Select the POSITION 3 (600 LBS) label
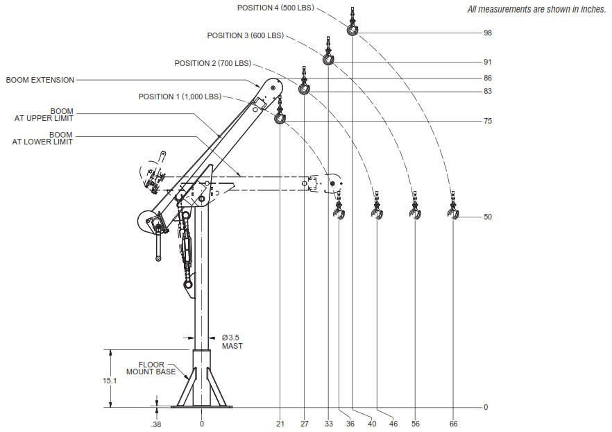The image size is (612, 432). click(246, 35)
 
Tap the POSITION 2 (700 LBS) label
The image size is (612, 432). click(212, 63)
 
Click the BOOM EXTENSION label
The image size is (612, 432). click(40, 80)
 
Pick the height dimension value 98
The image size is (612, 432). click(488, 33)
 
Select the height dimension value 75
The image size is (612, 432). click(488, 121)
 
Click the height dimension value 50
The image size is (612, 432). click(488, 217)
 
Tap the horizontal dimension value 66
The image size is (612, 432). click(453, 423)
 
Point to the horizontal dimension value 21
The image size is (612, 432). click(280, 423)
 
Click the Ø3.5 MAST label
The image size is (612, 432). click(232, 341)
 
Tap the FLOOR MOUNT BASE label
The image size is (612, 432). click(151, 368)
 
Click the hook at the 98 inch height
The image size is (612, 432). click(353, 31)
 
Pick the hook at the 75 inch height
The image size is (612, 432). click(280, 119)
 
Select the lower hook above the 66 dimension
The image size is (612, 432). click(453, 215)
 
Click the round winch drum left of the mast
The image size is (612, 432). click(146, 222)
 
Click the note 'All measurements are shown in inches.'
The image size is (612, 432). click(536, 8)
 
